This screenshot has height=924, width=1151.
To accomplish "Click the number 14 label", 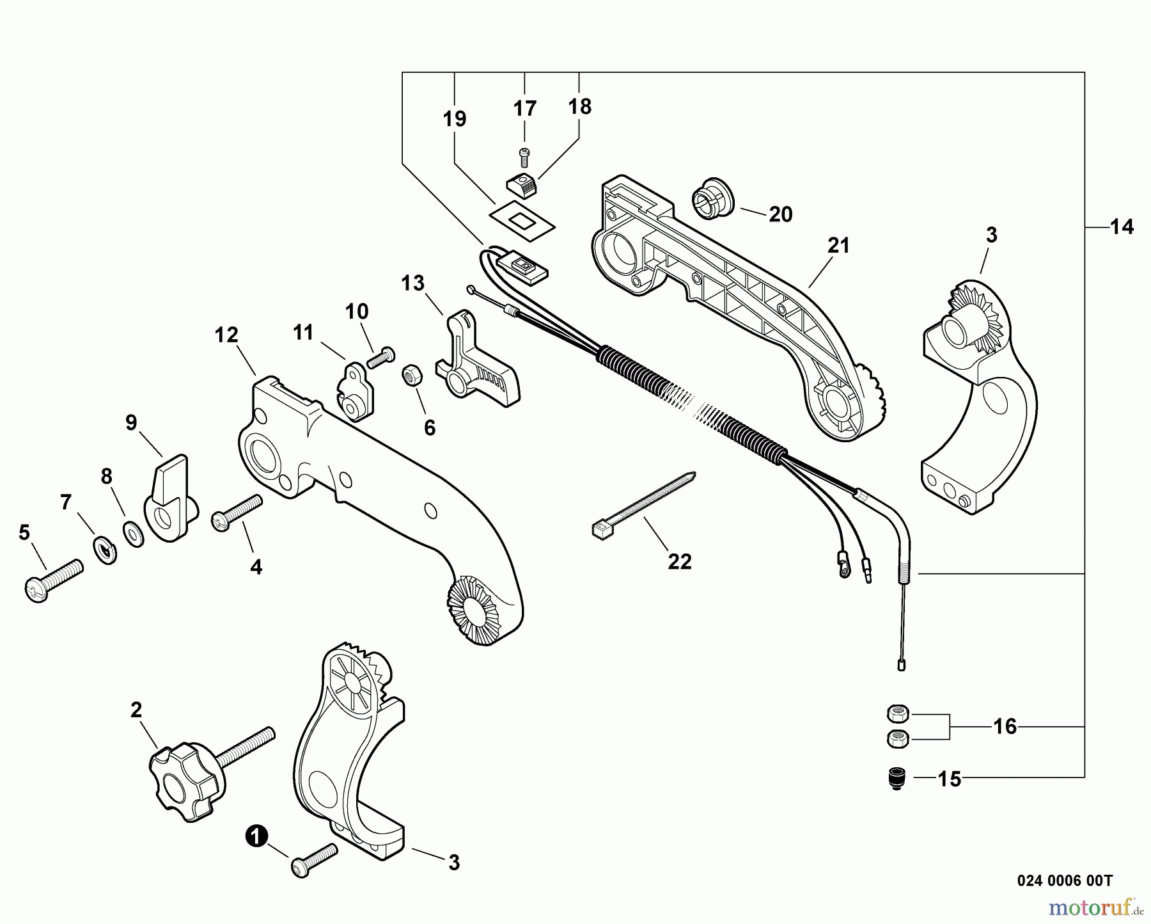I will click(x=1122, y=227).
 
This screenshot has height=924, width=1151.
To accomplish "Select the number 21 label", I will click(x=838, y=245).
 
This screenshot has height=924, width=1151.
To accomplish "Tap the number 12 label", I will click(x=226, y=335).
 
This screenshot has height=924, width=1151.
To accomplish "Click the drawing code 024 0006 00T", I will click(x=1065, y=881).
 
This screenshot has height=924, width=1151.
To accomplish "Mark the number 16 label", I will click(x=1005, y=726).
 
